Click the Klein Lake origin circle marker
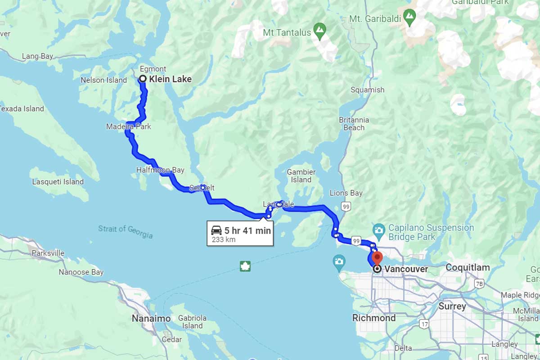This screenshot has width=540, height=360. coord(143,79)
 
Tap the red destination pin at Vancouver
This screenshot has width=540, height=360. coord(377,258)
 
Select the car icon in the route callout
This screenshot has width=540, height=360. coord(216,230)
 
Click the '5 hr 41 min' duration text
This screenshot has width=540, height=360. coord(247,231)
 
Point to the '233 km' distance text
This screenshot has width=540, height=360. coord(223,240)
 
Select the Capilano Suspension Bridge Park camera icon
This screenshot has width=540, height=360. coord(379,229)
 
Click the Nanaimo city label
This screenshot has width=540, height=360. coord(151,319)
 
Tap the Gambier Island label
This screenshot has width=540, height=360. coord(301,176)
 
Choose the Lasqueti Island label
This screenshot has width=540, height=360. coord(58,182)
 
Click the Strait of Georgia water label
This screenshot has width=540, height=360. coord(125,232)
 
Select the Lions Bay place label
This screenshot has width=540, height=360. coord(346,193)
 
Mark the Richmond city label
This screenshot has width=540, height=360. coord(374,318)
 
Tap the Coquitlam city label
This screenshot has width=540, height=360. coord(468,268)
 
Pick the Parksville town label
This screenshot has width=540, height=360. coord(48,253)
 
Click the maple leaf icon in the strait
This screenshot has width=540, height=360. coord(245,266)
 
